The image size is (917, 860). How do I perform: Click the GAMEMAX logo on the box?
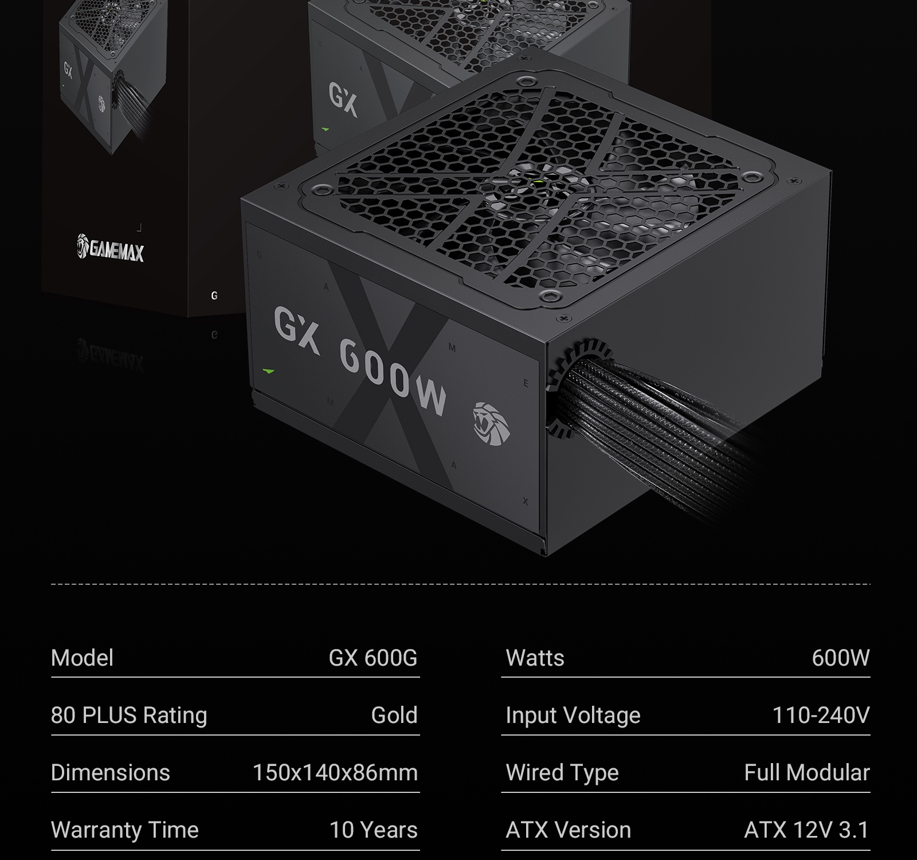pyautogui.click(x=111, y=248)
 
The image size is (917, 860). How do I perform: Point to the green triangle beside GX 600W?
pyautogui.click(x=268, y=371)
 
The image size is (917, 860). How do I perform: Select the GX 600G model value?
pyautogui.click(x=373, y=658)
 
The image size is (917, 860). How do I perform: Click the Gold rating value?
pyautogui.click(x=394, y=715)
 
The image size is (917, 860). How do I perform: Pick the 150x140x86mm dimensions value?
pyautogui.click(x=335, y=772)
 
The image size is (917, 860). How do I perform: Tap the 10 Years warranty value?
pyautogui.click(x=373, y=830)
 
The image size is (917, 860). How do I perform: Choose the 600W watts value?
pyautogui.click(x=840, y=658)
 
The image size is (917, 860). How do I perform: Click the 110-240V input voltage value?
pyautogui.click(x=821, y=715)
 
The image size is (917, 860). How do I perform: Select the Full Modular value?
pyautogui.click(x=806, y=772)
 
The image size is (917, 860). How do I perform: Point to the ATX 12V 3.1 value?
pyautogui.click(x=806, y=830)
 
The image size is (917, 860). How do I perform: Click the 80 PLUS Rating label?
pyautogui.click(x=129, y=715)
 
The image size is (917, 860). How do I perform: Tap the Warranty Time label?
pyautogui.click(x=124, y=830)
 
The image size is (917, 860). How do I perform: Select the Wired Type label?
pyautogui.click(x=562, y=772)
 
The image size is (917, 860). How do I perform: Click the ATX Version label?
pyautogui.click(x=568, y=830)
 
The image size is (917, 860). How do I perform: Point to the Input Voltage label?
pyautogui.click(x=573, y=715)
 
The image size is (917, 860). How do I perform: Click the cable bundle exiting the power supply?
pyautogui.click(x=642, y=424)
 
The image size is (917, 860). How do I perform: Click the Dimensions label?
pyautogui.click(x=110, y=772)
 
